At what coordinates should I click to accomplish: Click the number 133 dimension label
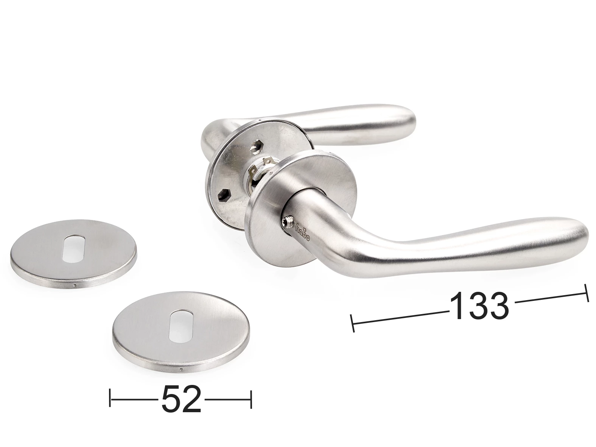(x=479, y=306)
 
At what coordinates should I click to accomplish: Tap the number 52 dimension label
(x=181, y=399)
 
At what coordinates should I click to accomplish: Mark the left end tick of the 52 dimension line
(x=110, y=399)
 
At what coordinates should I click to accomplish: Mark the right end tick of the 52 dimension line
(x=251, y=399)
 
